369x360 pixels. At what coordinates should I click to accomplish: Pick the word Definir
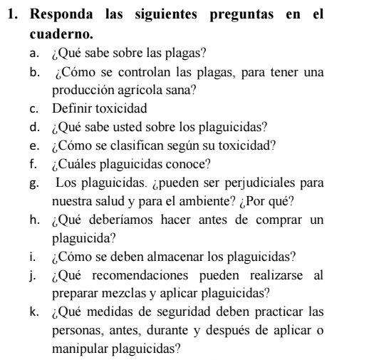[72, 109]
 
